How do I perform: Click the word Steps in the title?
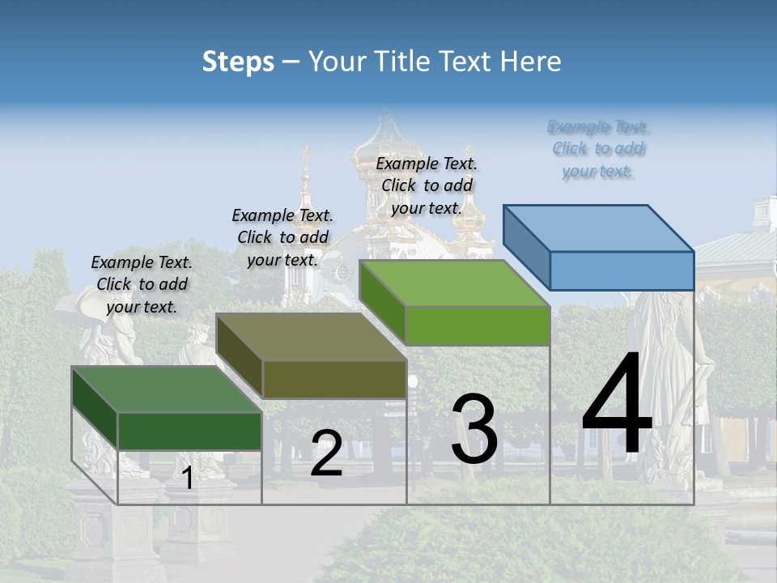point(238,62)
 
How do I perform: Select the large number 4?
point(617,405)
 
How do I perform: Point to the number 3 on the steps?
point(474,429)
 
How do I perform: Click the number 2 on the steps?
point(326,453)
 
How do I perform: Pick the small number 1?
point(187,479)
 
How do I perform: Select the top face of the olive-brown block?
point(312,337)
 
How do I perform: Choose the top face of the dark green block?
point(167,389)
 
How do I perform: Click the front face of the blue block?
point(622,270)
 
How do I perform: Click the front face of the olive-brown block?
point(334,379)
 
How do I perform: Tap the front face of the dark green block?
point(189,431)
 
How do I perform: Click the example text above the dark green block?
point(142,284)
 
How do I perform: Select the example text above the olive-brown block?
point(282,237)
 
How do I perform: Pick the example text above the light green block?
point(427,185)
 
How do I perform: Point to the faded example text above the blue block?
point(598,149)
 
